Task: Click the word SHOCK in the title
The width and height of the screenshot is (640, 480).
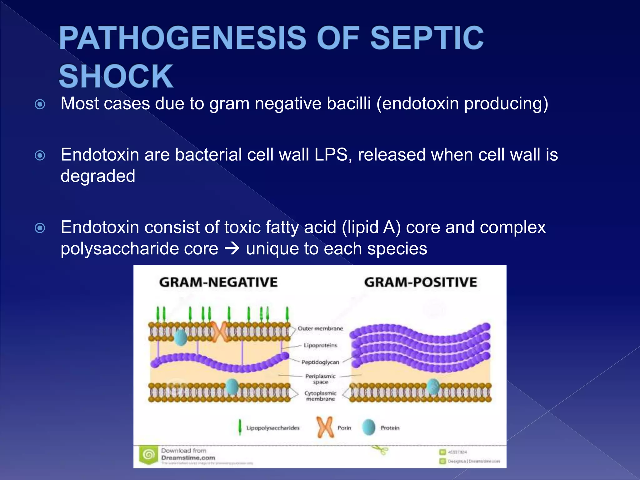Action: tap(116, 76)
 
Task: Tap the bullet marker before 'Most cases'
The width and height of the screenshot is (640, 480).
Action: tap(40, 104)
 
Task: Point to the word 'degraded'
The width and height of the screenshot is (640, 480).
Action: tap(98, 176)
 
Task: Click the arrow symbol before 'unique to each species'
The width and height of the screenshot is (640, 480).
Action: tap(232, 248)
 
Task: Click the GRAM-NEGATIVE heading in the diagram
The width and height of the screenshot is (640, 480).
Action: tap(218, 282)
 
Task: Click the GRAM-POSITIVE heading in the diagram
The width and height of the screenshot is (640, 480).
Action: tap(420, 282)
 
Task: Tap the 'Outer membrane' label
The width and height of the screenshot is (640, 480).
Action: tap(320, 328)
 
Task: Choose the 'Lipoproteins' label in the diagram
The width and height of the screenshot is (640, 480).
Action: tap(320, 345)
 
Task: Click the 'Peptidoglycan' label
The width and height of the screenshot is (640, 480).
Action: tap(320, 362)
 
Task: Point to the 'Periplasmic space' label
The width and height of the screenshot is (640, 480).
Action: tap(320, 379)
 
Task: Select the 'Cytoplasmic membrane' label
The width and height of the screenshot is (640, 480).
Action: tap(320, 396)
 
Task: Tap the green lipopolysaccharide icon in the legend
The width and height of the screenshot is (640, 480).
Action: tap(240, 427)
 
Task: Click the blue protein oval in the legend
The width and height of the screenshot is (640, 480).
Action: tap(369, 427)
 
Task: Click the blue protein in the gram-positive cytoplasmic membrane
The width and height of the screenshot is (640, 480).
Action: tap(433, 387)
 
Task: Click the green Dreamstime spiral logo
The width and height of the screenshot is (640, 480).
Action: tap(149, 455)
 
